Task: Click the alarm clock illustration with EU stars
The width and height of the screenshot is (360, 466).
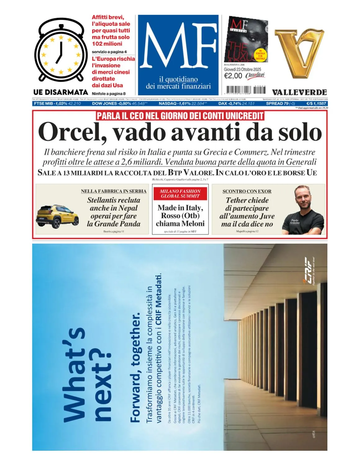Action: click(61, 51)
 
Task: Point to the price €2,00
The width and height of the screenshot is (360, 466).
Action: click(233, 76)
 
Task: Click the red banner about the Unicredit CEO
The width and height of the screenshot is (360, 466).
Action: click(180, 116)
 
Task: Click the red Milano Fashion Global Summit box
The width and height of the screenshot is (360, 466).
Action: click(180, 194)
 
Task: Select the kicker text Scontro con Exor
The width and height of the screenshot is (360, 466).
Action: click(247, 191)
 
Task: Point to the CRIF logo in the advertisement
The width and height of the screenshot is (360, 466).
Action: click(309, 270)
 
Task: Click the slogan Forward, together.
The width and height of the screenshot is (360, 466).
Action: click(135, 368)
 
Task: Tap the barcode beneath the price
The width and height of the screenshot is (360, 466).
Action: click(245, 89)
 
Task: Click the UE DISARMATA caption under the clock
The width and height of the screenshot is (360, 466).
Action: click(61, 92)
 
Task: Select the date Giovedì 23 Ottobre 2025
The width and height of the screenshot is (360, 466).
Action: click(242, 69)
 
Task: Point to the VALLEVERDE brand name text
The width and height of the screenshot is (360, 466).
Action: click(299, 92)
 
